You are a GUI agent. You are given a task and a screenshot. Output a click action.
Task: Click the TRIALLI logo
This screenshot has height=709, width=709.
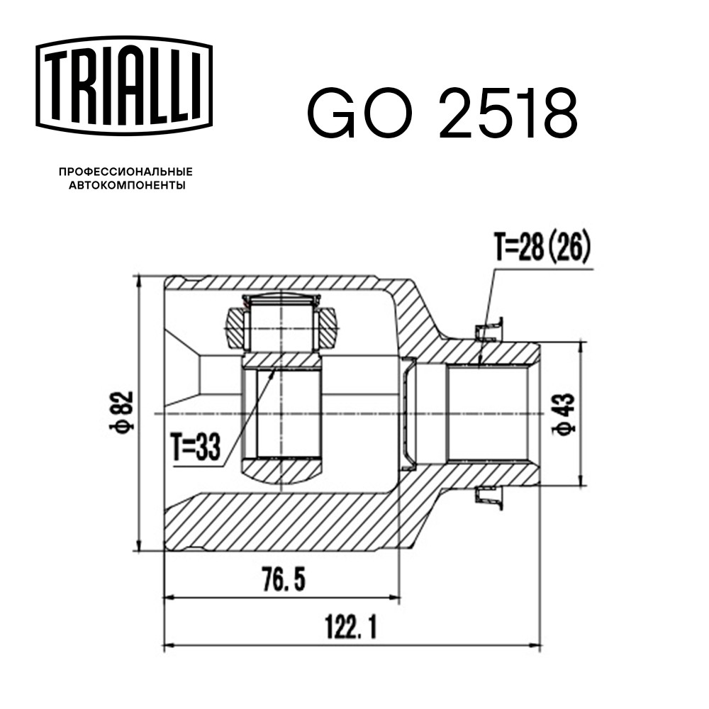point(124,86)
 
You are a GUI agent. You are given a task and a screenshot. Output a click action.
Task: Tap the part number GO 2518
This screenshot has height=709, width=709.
point(442,113)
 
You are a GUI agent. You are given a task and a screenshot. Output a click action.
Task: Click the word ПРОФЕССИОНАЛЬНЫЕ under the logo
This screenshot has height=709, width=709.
point(125,172)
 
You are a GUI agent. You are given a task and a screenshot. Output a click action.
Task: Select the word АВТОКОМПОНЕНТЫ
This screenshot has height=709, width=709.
point(127,185)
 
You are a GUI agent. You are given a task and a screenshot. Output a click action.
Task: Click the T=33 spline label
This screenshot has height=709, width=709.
point(196,447)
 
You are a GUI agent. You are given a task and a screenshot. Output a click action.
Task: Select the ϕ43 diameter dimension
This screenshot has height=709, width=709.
point(564,415)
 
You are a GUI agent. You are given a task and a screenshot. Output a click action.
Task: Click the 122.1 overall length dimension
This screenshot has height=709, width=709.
point(351,627)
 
